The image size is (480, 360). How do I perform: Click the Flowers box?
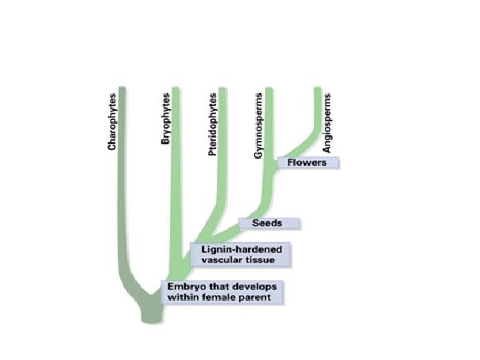click(309, 162)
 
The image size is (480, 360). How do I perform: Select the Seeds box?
click(270, 223)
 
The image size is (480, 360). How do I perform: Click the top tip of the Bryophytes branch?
click(177, 89)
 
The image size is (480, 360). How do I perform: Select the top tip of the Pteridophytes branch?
click(223, 89)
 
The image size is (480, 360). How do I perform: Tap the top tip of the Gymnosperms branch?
click(269, 89)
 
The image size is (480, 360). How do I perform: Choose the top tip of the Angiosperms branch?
click(318, 89)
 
